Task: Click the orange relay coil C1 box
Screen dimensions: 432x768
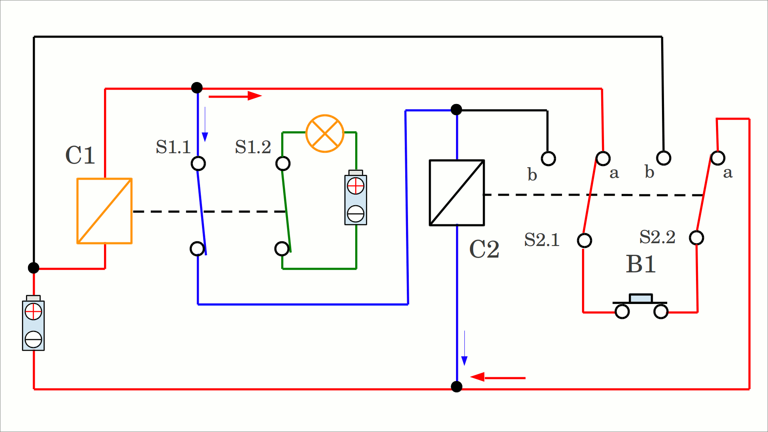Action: point(104,211)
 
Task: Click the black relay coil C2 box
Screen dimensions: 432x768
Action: point(457,193)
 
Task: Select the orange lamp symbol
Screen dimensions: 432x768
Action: point(325,134)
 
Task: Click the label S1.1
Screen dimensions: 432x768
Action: point(173,147)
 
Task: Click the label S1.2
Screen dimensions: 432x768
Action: point(253,147)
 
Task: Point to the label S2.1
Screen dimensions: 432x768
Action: point(542,240)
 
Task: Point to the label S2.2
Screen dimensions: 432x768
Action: point(657,237)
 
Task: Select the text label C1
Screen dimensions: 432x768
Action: point(80,155)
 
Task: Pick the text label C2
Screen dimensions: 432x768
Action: point(484,249)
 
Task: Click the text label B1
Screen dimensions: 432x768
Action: point(641,264)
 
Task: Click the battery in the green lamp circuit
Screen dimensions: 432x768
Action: point(356,199)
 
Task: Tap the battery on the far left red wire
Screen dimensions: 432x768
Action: point(33,324)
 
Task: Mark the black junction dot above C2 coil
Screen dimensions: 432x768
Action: point(456,110)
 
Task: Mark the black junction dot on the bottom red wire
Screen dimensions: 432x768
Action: point(456,387)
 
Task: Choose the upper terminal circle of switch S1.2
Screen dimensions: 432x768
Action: point(283,163)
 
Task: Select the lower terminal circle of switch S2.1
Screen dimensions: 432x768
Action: point(584,240)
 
